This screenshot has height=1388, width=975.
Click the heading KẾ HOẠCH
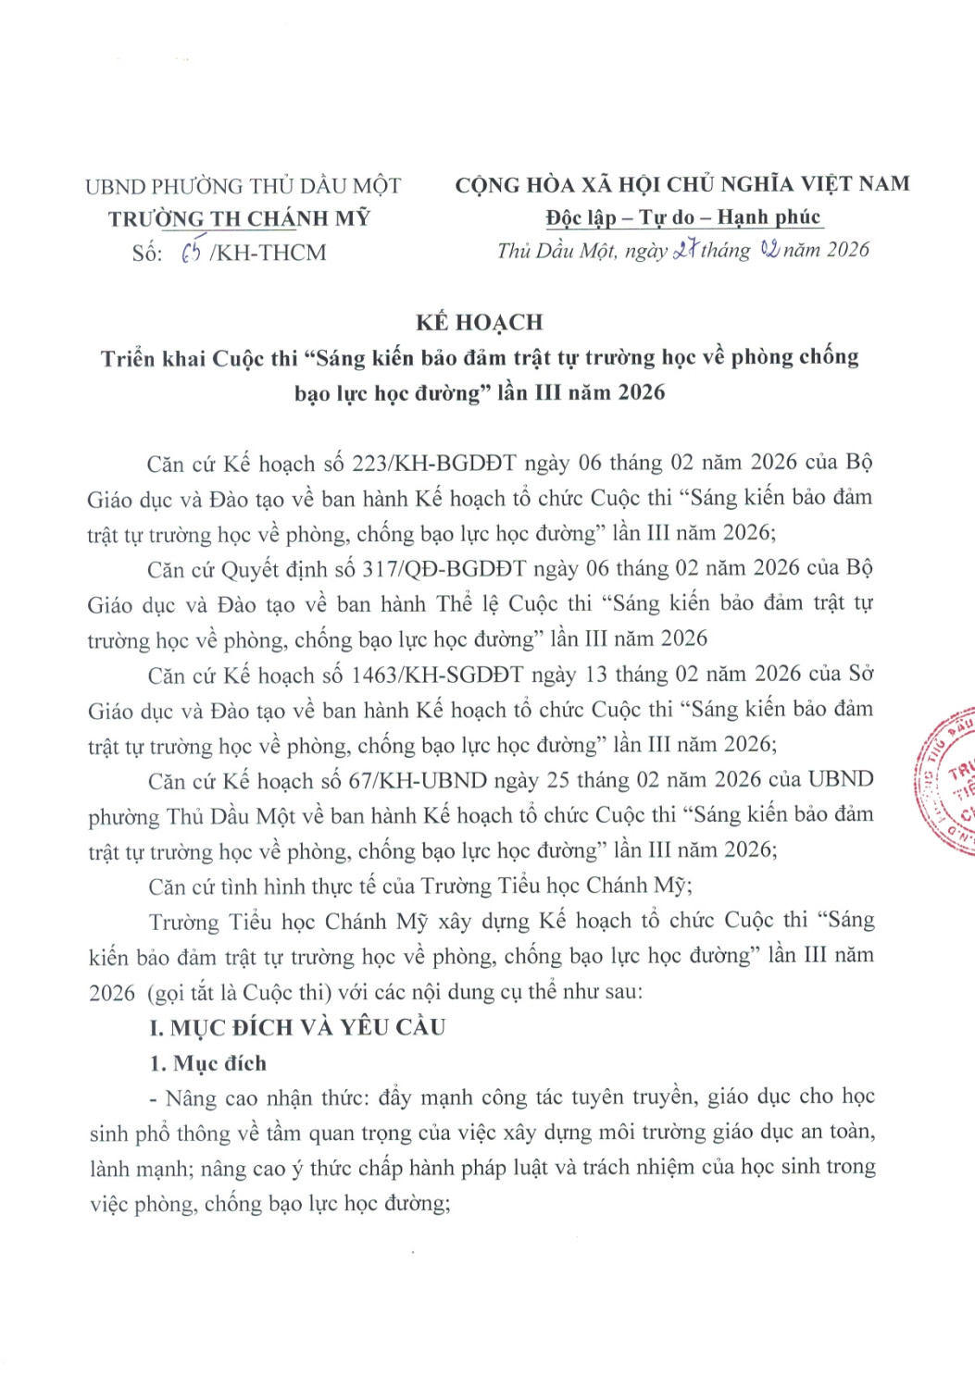point(479,322)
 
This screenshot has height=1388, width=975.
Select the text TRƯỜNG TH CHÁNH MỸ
point(239,218)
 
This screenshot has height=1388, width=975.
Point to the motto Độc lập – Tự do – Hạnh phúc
point(682,217)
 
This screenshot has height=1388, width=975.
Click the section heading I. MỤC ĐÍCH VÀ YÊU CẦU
point(297,1027)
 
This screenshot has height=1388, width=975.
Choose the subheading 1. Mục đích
point(207,1063)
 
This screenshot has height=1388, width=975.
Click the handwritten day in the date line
point(684,250)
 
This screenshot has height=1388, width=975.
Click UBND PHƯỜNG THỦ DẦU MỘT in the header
point(243,186)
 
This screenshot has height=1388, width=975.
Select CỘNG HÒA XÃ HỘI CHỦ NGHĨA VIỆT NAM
point(682,184)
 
